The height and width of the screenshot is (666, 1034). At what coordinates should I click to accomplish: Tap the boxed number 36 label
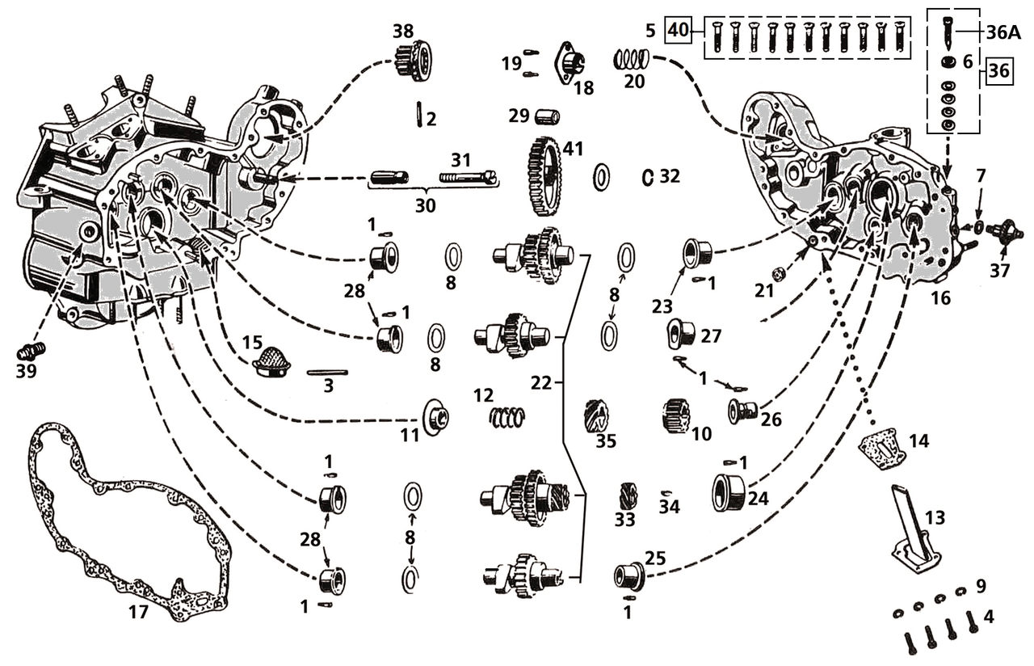(998, 70)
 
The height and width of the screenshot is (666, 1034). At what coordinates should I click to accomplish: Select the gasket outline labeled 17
(48, 485)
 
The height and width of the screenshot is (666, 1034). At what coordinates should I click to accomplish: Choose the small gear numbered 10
(675, 415)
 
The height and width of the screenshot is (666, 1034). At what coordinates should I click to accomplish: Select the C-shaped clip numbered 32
(647, 177)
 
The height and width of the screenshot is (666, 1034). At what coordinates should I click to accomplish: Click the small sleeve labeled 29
(547, 117)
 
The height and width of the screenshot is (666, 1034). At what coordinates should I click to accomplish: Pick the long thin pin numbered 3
(327, 373)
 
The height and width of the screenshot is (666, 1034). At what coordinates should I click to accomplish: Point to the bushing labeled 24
(729, 492)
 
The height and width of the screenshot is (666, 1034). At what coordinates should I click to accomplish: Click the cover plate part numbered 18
(570, 62)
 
